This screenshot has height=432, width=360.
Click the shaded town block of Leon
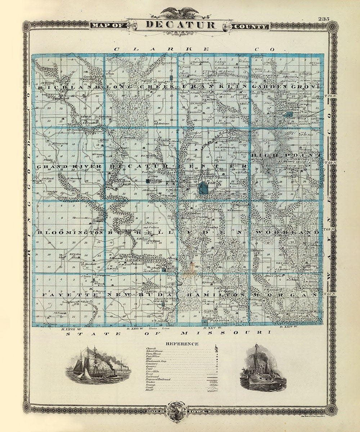203,188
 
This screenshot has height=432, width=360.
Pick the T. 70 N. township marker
330,96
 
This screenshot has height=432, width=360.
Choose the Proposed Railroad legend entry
158,379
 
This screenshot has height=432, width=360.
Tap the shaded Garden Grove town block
289,114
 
